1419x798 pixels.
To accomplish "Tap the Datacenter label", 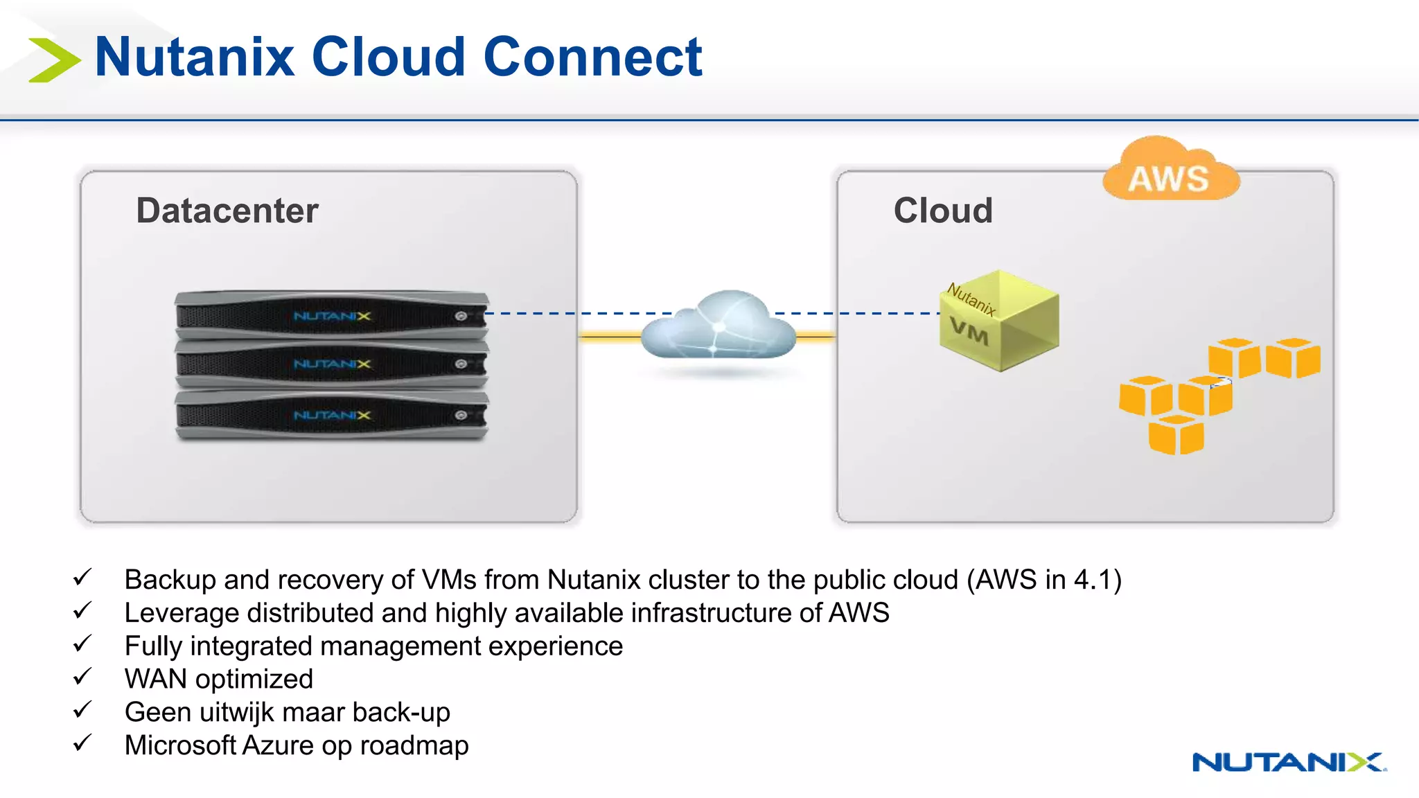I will pos(227,211).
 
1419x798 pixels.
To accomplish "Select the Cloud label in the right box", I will pos(943,211).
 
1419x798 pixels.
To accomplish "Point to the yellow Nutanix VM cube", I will pos(999,321).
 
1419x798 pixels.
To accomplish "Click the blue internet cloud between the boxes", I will pos(719,326).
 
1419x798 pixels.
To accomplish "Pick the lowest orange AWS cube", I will pos(1176,435).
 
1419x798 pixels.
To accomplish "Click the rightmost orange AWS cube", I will pos(1293,358).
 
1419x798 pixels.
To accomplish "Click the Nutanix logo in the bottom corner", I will pos(1289,762).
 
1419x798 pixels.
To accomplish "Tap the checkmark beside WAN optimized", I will pos(82,677).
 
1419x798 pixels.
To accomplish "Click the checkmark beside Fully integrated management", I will pos(82,644).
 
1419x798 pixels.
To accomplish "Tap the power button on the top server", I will pos(461,317).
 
